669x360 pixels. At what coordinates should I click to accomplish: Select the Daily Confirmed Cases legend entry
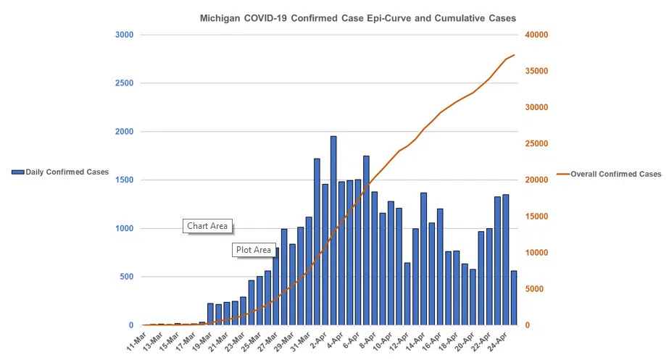60,172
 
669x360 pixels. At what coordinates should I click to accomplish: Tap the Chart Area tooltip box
207,226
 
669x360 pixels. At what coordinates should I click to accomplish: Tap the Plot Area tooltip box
254,250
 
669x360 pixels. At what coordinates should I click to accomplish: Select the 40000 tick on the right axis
537,35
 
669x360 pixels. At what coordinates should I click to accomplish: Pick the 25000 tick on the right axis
537,143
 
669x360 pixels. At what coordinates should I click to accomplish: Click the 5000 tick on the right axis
535,289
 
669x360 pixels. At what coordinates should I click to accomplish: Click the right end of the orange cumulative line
514,55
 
